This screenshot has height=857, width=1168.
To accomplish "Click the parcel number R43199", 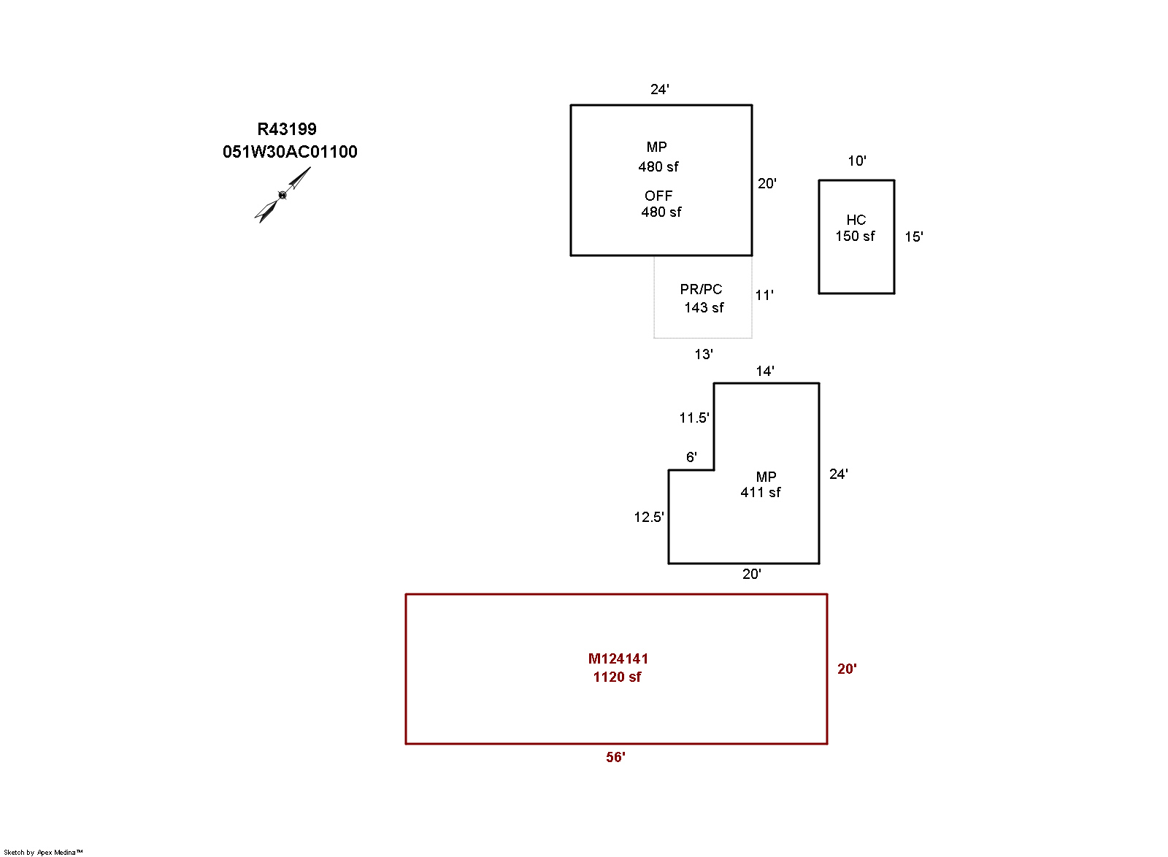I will coord(287,129).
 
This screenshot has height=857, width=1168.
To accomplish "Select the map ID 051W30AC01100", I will coord(290,152).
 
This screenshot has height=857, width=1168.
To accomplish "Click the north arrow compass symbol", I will coord(283,194).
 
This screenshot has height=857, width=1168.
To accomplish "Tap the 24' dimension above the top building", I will coord(660,89).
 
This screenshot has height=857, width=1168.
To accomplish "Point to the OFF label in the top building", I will coord(658,196).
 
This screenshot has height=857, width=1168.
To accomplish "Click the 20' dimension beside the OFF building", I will coord(766,183).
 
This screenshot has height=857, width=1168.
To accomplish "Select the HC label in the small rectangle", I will coord(856,220).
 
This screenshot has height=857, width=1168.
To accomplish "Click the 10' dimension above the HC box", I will coord(856,161).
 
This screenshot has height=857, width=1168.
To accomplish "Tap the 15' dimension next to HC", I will coord(913,237).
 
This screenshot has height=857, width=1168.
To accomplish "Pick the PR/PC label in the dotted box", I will coord(701,289).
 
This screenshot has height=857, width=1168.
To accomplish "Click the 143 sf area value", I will coord(704,307).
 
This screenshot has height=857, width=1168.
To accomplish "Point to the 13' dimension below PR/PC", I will coord(703,354).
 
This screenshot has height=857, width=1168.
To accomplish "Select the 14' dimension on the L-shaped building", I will coord(764,371).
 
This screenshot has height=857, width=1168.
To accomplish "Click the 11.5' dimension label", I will coord(693,418).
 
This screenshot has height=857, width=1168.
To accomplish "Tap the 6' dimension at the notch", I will coord(691,457).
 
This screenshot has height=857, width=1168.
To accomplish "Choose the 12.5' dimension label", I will coord(648,517).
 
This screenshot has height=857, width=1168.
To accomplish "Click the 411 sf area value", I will coord(760,492).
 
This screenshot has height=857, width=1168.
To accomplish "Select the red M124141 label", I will coord(618,658).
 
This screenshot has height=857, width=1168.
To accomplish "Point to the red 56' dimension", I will coord(615,757).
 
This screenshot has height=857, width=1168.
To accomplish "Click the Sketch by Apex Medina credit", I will coord(43,852).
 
